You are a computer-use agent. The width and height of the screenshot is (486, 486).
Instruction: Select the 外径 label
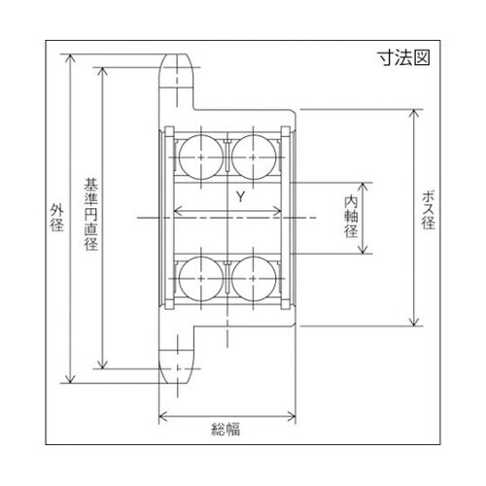(x=55, y=221)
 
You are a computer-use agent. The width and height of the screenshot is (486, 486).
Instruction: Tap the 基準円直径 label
(x=90, y=215)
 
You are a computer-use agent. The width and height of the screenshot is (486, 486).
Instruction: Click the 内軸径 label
(x=352, y=218)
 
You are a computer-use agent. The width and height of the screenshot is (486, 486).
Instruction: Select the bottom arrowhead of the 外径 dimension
(x=70, y=382)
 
